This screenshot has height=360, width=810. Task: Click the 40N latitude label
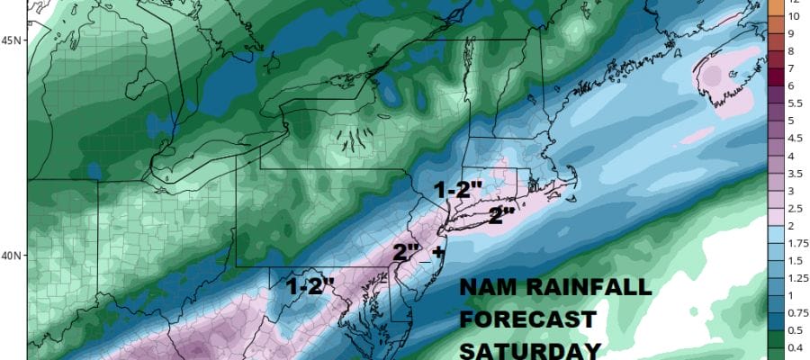(x=12, y=255)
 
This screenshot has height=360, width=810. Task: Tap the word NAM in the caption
(x=488, y=288)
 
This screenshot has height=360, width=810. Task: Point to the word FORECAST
(x=527, y=319)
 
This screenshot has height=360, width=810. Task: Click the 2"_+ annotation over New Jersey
(x=418, y=253)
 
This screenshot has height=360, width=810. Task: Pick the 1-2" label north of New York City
(x=459, y=191)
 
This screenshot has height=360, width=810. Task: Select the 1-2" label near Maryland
(x=310, y=286)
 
